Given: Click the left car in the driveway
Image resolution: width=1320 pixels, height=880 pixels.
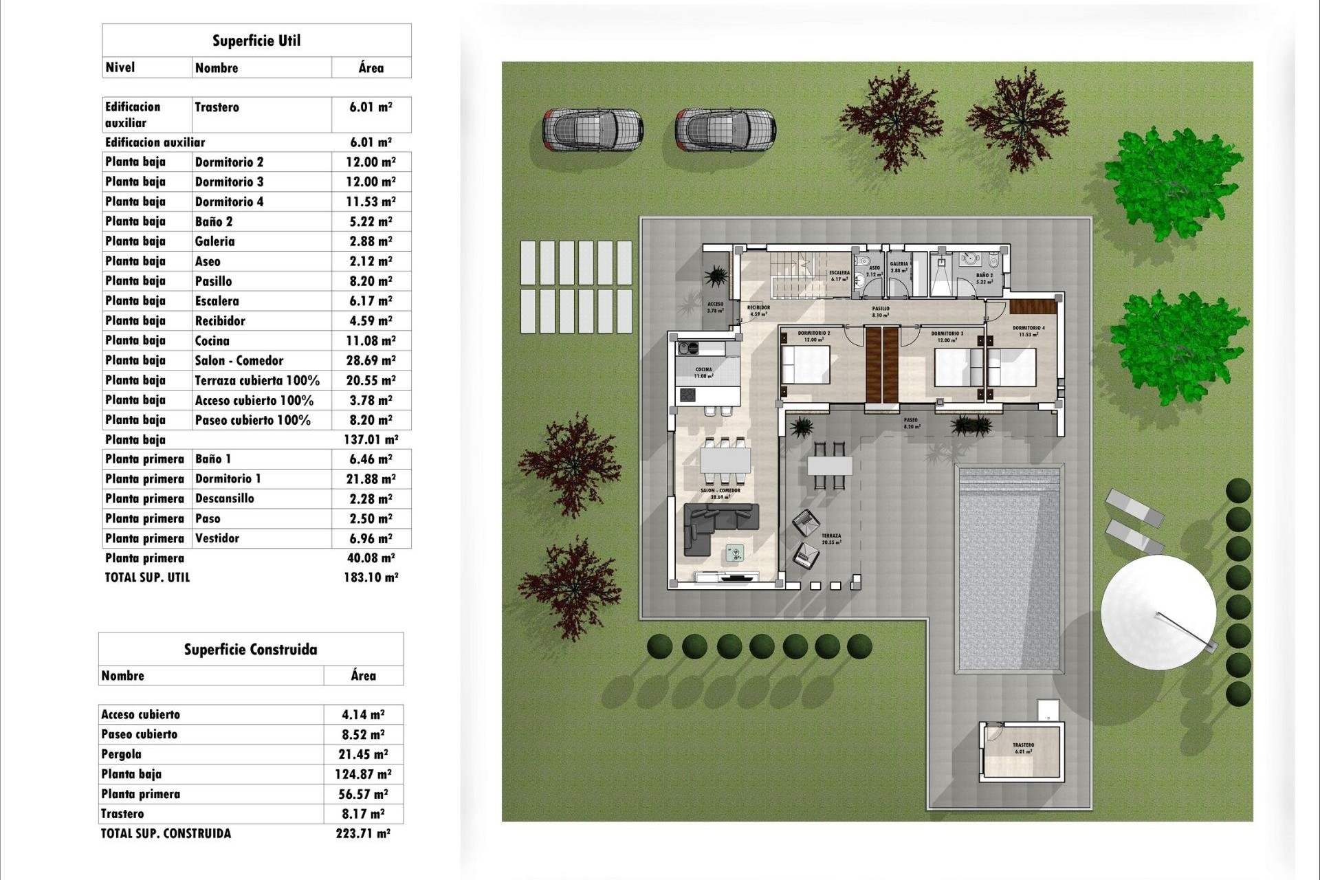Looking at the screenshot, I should point(593,129).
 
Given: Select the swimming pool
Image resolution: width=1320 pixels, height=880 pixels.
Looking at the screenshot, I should point(1009,569).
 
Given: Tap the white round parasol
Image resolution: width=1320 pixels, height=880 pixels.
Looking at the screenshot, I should point(1158,613).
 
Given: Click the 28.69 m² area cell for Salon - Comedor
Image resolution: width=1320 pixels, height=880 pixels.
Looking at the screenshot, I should point(371,360).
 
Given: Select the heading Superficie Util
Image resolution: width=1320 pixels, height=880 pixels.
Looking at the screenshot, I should point(256,41).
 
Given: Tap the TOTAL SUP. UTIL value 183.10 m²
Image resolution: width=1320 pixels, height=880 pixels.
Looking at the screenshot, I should point(371,577).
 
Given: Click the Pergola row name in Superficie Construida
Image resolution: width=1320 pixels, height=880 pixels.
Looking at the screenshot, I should point(122,754).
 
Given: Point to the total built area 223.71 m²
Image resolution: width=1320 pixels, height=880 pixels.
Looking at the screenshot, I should point(362,833).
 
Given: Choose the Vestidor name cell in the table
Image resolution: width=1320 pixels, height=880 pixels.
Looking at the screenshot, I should point(217,538).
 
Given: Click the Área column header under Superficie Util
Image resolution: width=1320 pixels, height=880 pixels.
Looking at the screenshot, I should point(371,67).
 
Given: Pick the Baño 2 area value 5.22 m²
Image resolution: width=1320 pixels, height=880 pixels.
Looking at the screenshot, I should point(371,221).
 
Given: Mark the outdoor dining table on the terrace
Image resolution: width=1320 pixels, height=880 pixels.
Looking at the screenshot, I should point(830,465).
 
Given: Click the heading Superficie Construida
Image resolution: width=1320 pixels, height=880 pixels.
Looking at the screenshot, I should point(250,650).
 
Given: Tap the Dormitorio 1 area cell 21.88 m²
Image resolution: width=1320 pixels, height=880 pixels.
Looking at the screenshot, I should point(371,479).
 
